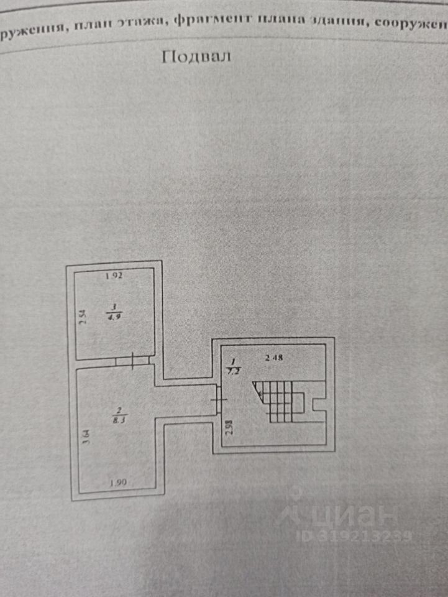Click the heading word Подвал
tap(196, 57)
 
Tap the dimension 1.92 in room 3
tap(112, 276)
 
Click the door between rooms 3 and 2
tap(134, 360)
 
